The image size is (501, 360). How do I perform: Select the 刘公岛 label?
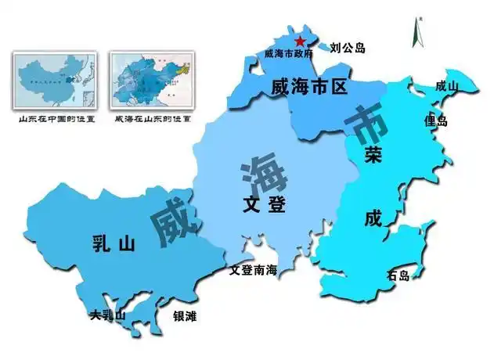click(348, 49)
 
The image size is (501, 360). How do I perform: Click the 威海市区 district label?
click(308, 87)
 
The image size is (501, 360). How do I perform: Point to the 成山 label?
click(447, 86)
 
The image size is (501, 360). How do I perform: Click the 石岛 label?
click(398, 275)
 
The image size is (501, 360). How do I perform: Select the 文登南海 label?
click(253, 271)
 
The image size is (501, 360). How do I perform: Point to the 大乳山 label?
click(107, 315)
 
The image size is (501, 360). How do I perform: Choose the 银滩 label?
click(185, 316)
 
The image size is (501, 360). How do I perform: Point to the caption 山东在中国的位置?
click(54, 120)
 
